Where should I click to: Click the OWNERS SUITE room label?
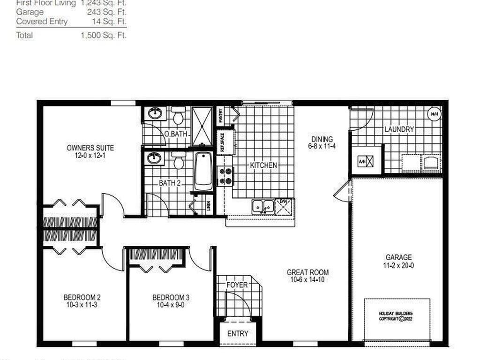point(90,148)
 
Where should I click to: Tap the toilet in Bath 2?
point(178,160)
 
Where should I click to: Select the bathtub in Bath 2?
point(203,171)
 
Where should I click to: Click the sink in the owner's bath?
point(155,113)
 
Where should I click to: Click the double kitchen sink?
point(262,206)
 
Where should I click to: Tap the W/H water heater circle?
point(434,113)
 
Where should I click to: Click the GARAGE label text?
point(398,257)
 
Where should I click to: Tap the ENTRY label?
point(238,334)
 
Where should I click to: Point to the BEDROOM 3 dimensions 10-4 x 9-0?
point(171,305)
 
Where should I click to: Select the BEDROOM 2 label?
point(82,297)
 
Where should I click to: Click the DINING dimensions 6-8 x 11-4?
point(322,146)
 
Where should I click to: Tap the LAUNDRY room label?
point(399,129)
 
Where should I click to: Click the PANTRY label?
point(220,115)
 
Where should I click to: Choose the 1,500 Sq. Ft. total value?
point(104,35)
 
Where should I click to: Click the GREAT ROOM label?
point(307,272)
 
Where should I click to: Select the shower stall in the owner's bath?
point(202,126)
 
